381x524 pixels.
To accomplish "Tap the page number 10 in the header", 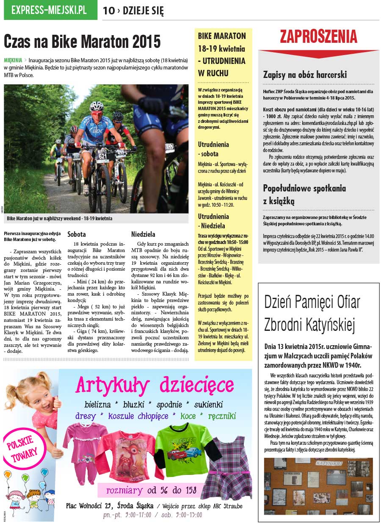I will (x=108, y=11).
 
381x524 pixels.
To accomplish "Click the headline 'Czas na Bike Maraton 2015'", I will (x=82, y=42).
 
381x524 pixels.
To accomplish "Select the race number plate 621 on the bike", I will (x=102, y=156).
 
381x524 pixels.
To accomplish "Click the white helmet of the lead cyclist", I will (x=97, y=105).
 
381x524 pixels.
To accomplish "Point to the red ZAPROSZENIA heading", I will (x=318, y=37).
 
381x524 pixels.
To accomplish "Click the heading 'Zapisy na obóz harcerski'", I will (x=305, y=75).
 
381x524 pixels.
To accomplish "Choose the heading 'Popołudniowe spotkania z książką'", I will (x=304, y=194).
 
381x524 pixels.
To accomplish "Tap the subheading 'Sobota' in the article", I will (x=77, y=234).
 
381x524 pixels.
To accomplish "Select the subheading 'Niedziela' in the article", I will (x=143, y=234).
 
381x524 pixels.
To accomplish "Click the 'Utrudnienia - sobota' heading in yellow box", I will (x=213, y=149).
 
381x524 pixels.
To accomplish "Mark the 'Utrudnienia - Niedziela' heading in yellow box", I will (x=213, y=221).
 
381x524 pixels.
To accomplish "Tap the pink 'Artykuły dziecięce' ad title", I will (x=155, y=385).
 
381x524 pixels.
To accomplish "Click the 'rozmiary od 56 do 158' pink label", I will (x=152, y=491).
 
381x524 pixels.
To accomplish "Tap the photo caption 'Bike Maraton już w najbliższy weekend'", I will (x=60, y=219).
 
